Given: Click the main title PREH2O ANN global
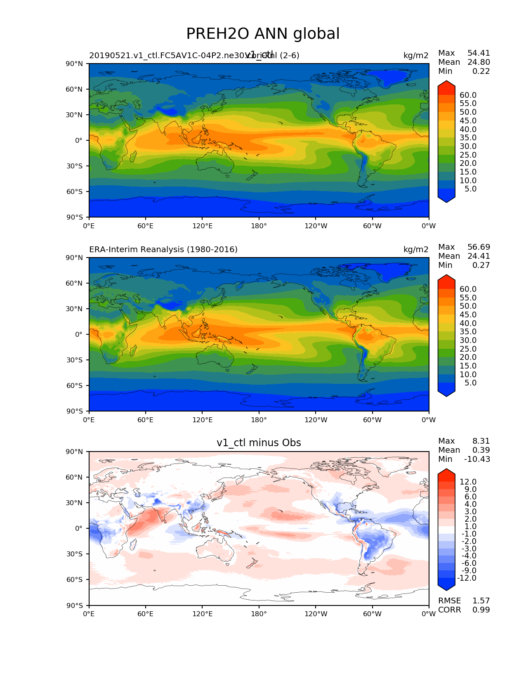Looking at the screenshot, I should (263, 34).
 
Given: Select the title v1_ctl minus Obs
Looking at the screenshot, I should (259, 443).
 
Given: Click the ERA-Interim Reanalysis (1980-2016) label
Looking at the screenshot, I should (163, 249).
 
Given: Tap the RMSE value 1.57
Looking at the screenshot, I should (481, 601).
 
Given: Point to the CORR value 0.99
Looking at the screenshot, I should (481, 610).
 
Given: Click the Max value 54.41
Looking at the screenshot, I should (479, 53).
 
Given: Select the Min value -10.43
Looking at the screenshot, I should (477, 459).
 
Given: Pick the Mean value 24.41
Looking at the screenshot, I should (479, 256).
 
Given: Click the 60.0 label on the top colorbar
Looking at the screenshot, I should (468, 95).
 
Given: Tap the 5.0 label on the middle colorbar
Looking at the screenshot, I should (470, 383).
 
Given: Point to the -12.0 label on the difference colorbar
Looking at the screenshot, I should (467, 578).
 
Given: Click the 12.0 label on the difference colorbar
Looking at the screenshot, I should (468, 482).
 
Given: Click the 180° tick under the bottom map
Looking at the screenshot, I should (259, 614).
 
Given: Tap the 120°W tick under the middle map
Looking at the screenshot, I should (316, 420).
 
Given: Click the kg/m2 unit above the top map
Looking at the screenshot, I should (416, 55).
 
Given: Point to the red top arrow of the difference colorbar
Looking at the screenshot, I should (446, 475).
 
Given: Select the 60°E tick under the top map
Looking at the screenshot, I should (146, 226).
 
